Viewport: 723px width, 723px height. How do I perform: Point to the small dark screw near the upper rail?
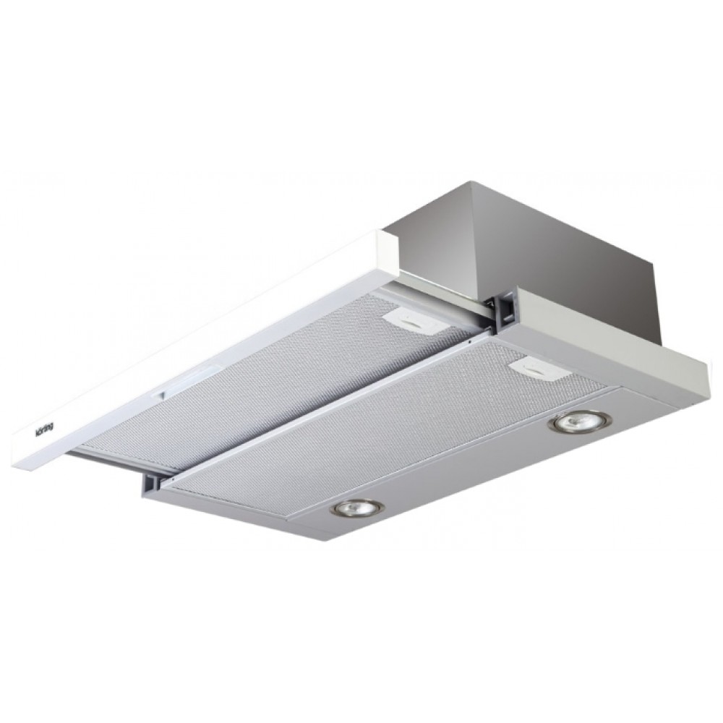[x=469, y=343]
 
